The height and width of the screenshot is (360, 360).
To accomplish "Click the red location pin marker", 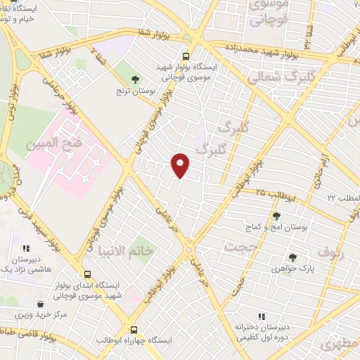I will (181, 165).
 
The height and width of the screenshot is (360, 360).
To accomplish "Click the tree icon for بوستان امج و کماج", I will (276, 217).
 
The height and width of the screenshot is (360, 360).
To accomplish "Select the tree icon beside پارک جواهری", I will (292, 257).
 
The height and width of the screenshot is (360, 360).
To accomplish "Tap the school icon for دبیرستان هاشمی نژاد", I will (26, 248).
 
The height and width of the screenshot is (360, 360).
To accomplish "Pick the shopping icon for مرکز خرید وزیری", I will (41, 304).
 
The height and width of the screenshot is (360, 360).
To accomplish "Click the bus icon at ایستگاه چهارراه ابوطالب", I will (134, 329).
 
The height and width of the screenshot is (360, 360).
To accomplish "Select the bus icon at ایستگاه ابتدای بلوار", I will (87, 274).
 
